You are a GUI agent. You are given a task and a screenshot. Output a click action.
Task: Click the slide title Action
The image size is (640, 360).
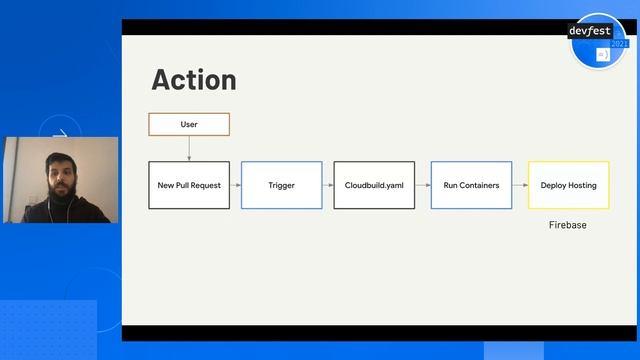[194, 80]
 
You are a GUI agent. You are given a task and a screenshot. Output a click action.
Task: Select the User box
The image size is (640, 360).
[189, 124]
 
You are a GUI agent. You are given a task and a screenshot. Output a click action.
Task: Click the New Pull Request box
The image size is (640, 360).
[189, 185]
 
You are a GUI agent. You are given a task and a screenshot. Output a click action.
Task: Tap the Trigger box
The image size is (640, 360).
[281, 185]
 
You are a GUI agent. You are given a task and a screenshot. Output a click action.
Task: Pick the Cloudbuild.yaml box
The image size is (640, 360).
[373, 185]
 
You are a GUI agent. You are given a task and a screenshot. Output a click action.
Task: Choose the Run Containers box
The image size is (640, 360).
[471, 185]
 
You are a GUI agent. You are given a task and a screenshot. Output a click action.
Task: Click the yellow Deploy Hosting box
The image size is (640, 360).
[568, 185]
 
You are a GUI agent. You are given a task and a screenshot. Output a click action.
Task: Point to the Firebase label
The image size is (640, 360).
[568, 225]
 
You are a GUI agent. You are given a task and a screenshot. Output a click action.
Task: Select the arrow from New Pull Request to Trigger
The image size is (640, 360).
[235, 185]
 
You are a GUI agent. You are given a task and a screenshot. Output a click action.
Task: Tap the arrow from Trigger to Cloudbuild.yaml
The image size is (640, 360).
[327, 185]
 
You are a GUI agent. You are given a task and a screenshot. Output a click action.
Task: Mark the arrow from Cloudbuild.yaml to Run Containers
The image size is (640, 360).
[422, 185]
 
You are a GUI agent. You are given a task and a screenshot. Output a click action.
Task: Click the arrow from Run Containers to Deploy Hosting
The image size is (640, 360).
[520, 185]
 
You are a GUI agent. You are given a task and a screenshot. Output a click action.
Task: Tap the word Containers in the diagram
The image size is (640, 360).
[481, 185]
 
